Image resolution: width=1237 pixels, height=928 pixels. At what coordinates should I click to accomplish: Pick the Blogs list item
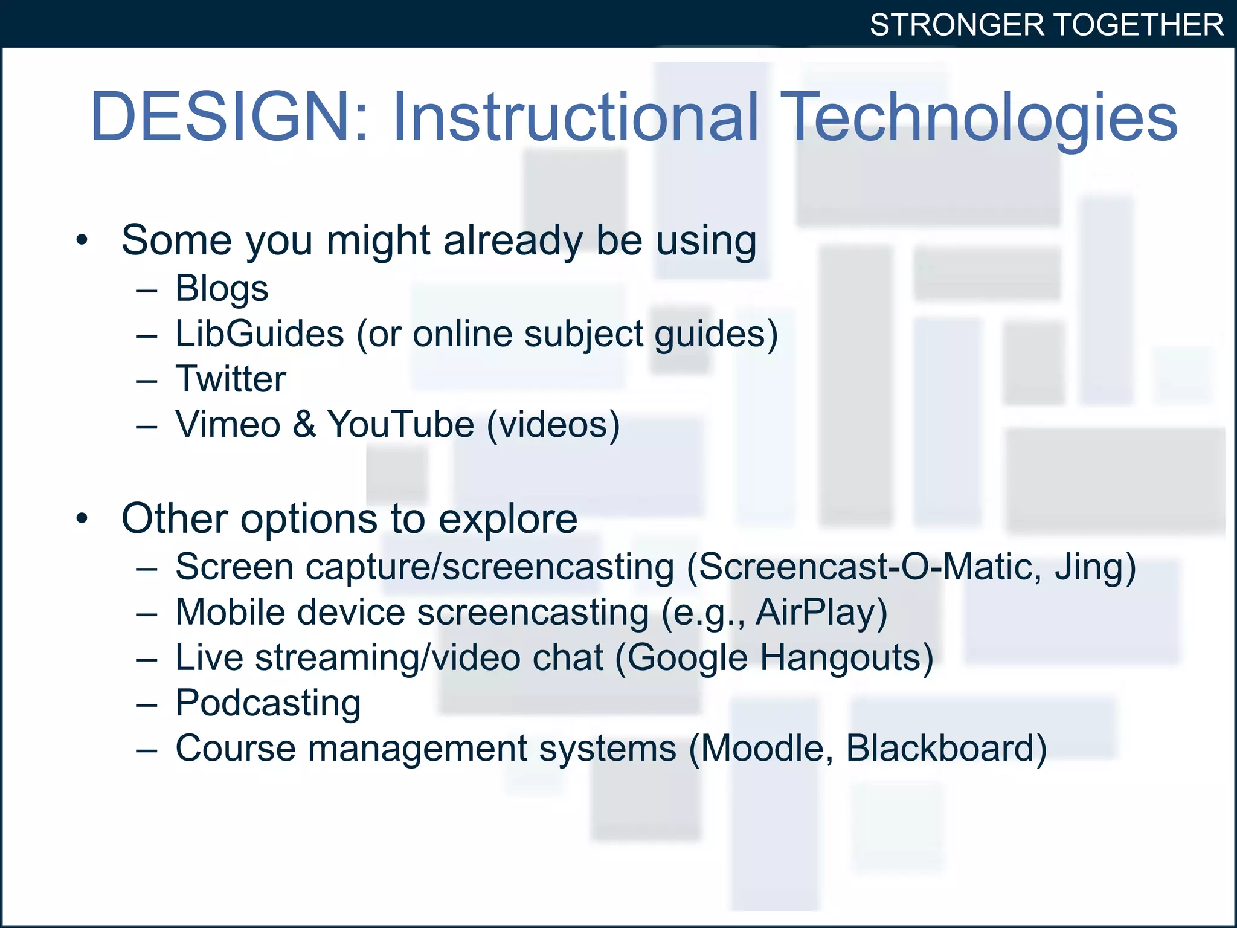point(222,288)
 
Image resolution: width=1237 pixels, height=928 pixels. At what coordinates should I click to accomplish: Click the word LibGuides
point(260,333)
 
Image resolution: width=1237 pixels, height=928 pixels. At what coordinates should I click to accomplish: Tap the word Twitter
point(230,379)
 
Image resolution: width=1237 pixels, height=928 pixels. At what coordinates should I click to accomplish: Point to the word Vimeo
point(228,424)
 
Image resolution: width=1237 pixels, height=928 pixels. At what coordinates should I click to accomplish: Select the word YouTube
point(400,424)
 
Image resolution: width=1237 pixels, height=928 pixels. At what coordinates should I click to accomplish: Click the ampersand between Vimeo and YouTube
point(304,424)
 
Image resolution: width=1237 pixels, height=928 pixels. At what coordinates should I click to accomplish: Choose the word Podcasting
point(268,703)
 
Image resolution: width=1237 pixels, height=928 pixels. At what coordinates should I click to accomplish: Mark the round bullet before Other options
point(82,518)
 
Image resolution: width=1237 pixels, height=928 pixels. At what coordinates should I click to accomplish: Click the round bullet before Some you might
point(82,240)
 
